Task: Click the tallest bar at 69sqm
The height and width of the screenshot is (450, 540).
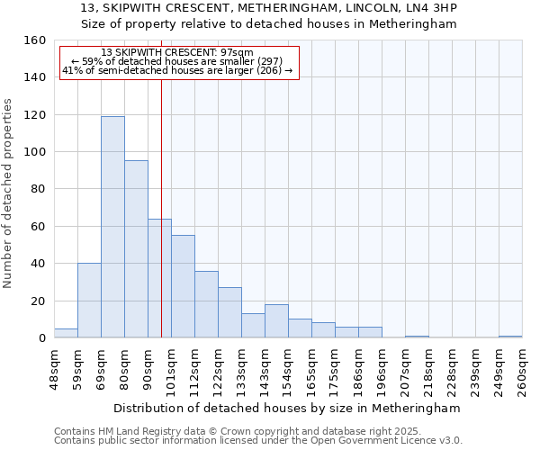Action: pos(112,227)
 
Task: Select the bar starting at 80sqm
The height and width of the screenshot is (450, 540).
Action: pos(136,249)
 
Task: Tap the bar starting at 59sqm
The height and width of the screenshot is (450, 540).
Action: pos(89,301)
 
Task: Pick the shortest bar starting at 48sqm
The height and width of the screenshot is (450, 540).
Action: pos(66,333)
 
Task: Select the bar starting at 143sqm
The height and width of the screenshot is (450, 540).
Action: pos(276,321)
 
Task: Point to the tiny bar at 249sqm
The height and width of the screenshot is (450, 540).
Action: pos(510,337)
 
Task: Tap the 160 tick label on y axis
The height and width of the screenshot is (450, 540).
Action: pos(34,40)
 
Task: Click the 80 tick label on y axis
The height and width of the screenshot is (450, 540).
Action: pos(38,189)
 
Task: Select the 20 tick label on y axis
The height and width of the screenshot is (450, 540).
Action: pos(38,301)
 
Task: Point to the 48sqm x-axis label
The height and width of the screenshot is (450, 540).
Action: pos(54,368)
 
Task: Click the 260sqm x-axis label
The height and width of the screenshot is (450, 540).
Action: pos(522,368)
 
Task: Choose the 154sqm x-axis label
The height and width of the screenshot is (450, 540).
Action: pos(288,368)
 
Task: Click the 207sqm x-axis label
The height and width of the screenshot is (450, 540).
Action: pos(405,368)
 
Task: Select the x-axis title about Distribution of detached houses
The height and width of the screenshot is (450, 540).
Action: pos(287,408)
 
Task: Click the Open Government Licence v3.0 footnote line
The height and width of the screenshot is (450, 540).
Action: pos(258,441)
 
